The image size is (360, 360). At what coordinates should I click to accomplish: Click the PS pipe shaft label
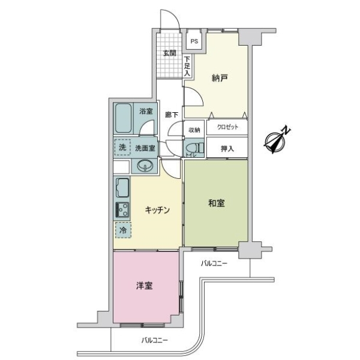194,41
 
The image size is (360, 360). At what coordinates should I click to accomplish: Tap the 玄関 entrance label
170,53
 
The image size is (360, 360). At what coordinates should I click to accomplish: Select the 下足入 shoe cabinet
187,67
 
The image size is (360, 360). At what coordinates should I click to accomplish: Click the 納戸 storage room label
220,78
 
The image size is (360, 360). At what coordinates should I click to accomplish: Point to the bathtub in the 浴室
123,118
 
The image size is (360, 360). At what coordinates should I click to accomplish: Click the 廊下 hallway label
172,115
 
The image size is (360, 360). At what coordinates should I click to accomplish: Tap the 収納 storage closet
194,130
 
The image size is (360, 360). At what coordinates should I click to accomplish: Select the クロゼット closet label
227,127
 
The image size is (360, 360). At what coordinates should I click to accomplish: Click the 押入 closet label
227,149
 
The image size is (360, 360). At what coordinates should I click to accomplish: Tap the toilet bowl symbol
194,148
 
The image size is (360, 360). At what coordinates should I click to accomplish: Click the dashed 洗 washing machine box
122,147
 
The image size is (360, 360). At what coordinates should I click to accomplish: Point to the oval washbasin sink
145,166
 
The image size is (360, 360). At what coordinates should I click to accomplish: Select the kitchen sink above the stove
122,187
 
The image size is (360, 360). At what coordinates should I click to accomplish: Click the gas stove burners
122,209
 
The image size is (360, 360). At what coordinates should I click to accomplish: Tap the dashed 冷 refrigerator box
123,230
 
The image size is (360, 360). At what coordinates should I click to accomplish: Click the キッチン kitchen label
157,210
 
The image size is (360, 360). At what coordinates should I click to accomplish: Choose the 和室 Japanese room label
216,203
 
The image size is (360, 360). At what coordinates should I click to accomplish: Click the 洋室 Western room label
145,286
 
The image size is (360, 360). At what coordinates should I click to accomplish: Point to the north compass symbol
277,140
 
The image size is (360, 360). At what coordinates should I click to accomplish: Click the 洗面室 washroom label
145,148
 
